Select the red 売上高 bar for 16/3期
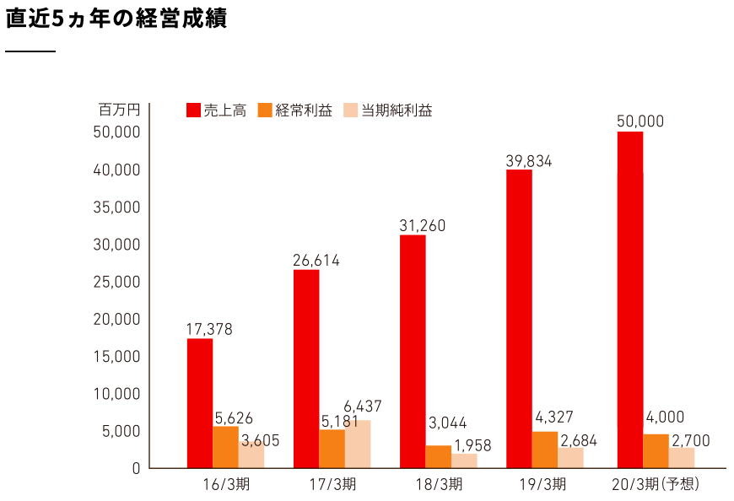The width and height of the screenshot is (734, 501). coord(200,402)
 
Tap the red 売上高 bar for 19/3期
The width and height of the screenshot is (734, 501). coord(519,318)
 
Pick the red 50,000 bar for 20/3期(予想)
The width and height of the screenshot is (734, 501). coord(630,299)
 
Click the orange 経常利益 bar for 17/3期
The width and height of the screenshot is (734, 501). coord(332,449)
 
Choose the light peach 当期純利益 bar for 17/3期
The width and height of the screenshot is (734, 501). coord(358,444)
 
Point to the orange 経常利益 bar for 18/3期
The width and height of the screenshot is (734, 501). coord(438,456)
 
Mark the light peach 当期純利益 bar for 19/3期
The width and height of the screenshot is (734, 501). coord(570,457)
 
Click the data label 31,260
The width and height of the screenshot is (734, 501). coord(422,226)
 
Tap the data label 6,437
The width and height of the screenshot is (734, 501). coord(363,407)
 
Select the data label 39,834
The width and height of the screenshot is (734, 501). coord(528,161)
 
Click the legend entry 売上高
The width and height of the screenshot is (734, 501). coord(216,110)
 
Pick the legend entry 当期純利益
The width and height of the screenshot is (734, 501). coord(387,110)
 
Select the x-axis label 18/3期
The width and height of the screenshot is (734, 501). coord(438,484)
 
